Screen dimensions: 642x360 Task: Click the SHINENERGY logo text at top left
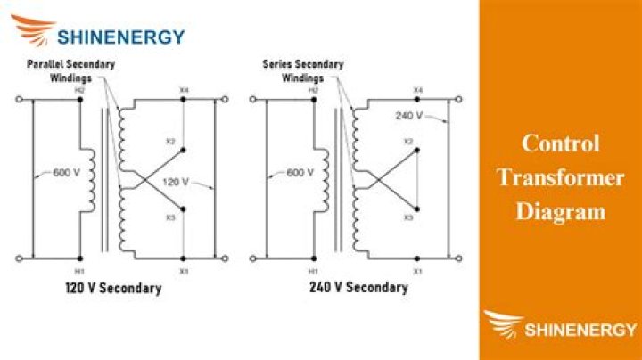pyautogui.click(x=120, y=37)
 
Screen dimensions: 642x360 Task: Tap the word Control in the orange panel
pyautogui.click(x=561, y=143)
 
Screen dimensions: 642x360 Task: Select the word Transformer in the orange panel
pyautogui.click(x=561, y=177)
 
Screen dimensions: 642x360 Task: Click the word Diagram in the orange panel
pyautogui.click(x=561, y=211)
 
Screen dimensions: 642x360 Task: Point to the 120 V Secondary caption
pyautogui.click(x=113, y=288)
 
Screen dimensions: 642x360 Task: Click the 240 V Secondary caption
pyautogui.click(x=358, y=287)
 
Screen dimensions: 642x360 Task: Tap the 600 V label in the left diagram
pyautogui.click(x=66, y=172)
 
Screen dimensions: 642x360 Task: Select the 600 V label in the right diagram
pyautogui.click(x=300, y=172)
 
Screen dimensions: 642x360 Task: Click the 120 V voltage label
pyautogui.click(x=176, y=182)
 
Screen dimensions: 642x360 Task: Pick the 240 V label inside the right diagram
pyautogui.click(x=408, y=116)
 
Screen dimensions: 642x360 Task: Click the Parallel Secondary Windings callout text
pyautogui.click(x=70, y=70)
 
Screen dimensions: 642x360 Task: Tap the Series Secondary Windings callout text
pyautogui.click(x=303, y=70)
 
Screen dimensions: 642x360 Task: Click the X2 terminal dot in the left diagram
pyautogui.click(x=183, y=150)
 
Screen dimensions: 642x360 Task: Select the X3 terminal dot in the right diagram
pyautogui.click(x=416, y=209)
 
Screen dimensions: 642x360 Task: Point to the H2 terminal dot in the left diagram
pyautogui.click(x=80, y=100)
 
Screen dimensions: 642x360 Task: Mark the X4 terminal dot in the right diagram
pyautogui.click(x=416, y=100)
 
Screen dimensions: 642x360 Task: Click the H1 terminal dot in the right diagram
pyautogui.click(x=314, y=258)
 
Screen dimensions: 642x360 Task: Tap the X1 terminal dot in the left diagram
pyautogui.click(x=183, y=258)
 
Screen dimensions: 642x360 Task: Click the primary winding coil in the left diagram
pyautogui.click(x=91, y=180)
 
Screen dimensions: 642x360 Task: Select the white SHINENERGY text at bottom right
pyautogui.click(x=580, y=330)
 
